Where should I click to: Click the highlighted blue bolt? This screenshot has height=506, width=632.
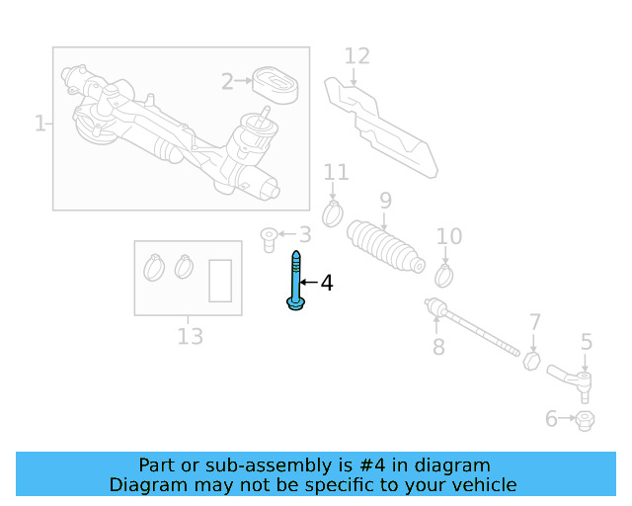pos(295,283)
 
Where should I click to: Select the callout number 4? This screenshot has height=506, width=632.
pos(326,284)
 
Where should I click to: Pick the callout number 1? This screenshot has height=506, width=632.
pos(40,124)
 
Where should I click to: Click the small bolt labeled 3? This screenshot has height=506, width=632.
pos(267,236)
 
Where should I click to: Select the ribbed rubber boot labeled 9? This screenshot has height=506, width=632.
pos(385,247)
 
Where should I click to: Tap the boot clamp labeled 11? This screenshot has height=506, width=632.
pos(334,211)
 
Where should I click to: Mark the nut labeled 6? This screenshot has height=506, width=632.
pos(584,420)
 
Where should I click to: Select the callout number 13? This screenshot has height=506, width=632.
pos(190,337)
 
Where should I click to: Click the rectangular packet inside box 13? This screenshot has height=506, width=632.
pos(220,280)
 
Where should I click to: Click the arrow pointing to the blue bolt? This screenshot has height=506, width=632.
pos(307,284)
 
